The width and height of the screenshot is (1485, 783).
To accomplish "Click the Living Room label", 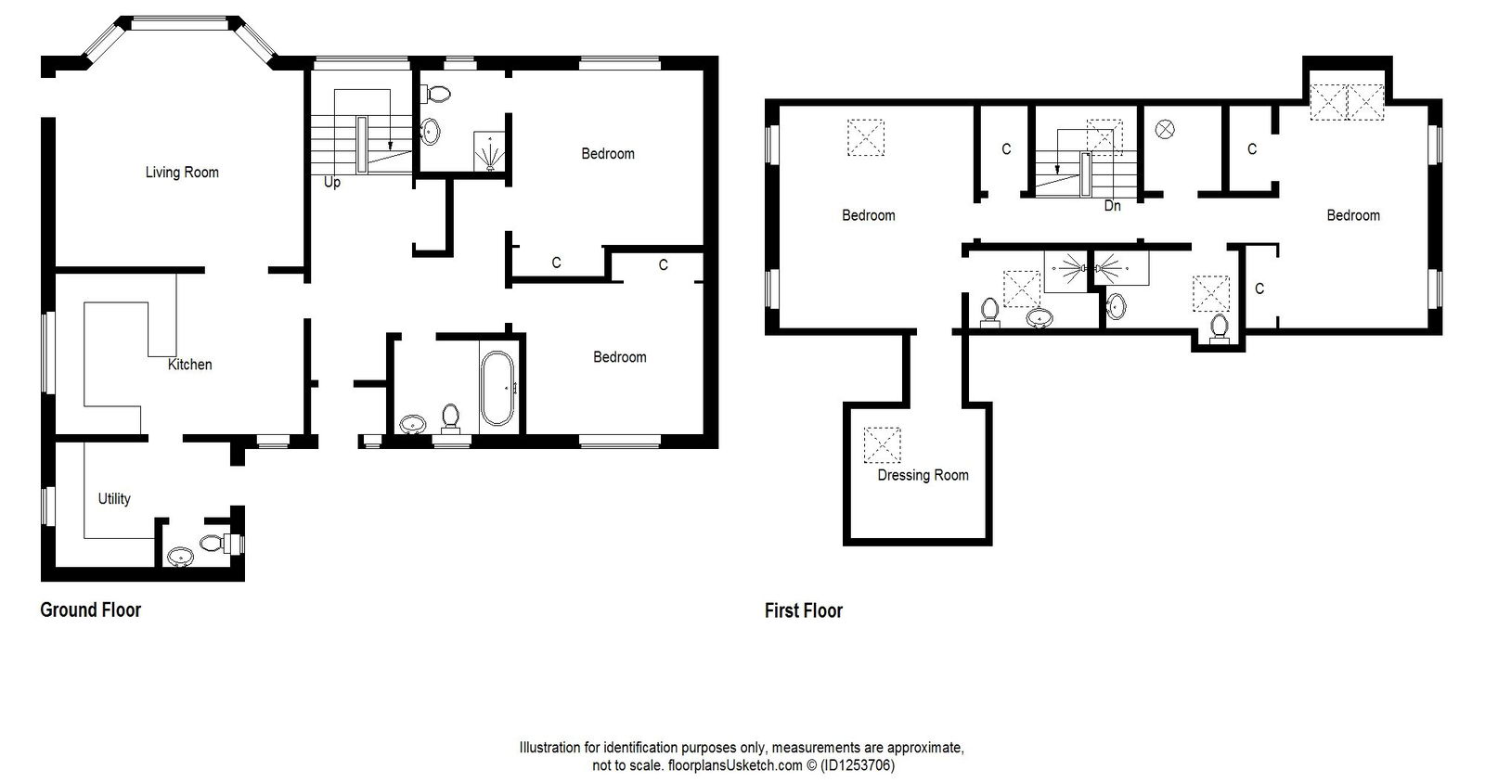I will click(182, 172).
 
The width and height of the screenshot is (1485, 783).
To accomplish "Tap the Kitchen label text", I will click(189, 365).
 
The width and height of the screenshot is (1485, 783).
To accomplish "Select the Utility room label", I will click(114, 498).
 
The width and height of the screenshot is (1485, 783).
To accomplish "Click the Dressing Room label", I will click(923, 475).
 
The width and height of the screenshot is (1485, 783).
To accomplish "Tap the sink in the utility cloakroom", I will click(180, 557).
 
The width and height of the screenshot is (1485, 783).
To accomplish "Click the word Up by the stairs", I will click(332, 183).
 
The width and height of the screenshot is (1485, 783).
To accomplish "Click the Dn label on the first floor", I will click(1112, 206).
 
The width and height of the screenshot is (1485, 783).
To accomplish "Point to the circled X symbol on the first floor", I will click(1165, 130).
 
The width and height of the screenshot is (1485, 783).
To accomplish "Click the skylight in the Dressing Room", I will click(882, 444).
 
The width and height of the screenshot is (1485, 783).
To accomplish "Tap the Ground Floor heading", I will click(90, 610).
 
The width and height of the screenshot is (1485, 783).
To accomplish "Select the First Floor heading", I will click(803, 610).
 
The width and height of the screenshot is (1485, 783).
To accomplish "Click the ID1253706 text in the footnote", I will click(859, 766).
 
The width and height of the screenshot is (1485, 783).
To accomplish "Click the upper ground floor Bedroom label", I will click(608, 153).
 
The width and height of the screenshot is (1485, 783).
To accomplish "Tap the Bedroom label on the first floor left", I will click(868, 215).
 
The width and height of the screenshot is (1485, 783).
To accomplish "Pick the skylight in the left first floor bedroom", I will click(865, 136).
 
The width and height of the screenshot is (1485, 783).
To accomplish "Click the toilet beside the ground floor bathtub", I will click(451, 417).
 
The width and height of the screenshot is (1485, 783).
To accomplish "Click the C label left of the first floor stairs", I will click(1006, 148).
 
